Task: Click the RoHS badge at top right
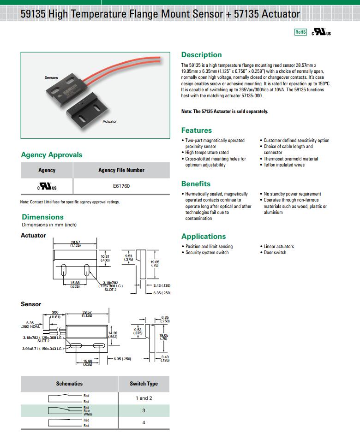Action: (300, 32)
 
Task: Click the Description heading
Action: (201, 55)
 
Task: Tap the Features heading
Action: (197, 130)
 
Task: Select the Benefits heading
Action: (196, 184)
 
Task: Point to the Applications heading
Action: (204, 237)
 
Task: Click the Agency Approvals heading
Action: (52, 155)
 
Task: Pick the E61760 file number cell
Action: (121, 186)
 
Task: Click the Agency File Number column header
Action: (121, 170)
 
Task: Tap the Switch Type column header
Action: (144, 384)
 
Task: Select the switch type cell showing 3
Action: (144, 410)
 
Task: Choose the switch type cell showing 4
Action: (144, 422)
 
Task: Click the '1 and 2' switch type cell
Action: (144, 398)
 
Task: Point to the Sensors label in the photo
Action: (51, 77)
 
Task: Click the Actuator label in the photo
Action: (110, 121)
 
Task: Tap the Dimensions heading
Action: (42, 217)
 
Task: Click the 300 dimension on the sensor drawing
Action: (55, 313)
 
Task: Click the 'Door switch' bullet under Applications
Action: (275, 253)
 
